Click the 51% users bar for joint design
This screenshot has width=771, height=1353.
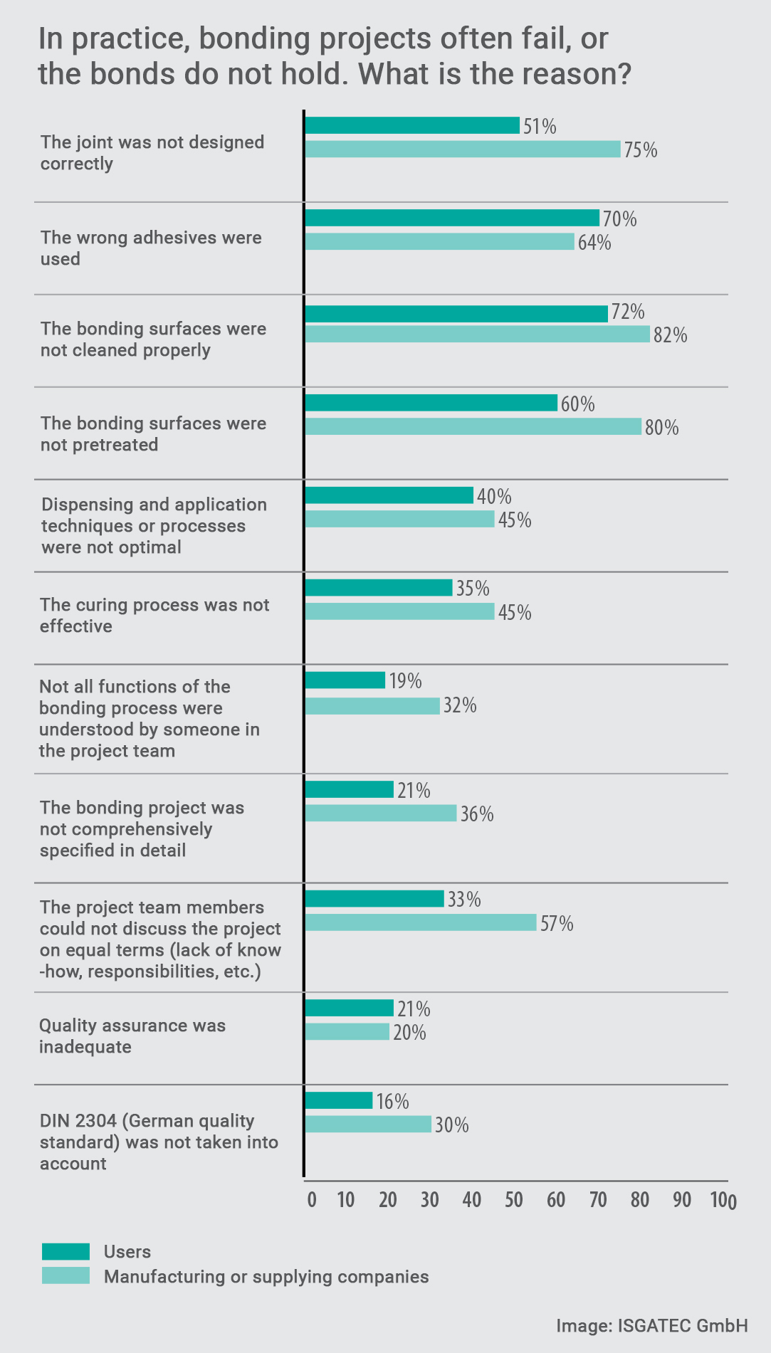click(412, 125)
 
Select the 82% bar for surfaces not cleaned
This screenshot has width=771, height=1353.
click(477, 334)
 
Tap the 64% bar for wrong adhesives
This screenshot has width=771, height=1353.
click(439, 241)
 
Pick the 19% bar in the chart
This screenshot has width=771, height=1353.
click(345, 680)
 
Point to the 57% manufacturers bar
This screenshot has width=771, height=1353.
click(420, 922)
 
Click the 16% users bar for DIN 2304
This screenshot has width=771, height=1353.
click(338, 1100)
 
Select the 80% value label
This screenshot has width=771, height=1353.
click(661, 428)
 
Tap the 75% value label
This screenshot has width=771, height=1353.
click(641, 150)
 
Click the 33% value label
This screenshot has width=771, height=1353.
click(464, 900)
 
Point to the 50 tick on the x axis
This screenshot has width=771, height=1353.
click(514, 1199)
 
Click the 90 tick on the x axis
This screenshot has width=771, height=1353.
click(682, 1199)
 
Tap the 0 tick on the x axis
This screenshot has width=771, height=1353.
click(312, 1199)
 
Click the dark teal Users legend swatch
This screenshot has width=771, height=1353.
click(65, 1251)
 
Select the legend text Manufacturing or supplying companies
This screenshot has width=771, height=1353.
click(266, 1276)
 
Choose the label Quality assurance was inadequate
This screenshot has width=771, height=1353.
click(132, 1036)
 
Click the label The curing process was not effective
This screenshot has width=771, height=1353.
click(154, 615)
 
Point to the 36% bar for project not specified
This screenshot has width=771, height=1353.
click(380, 813)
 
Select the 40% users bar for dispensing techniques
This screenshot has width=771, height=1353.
click(389, 495)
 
